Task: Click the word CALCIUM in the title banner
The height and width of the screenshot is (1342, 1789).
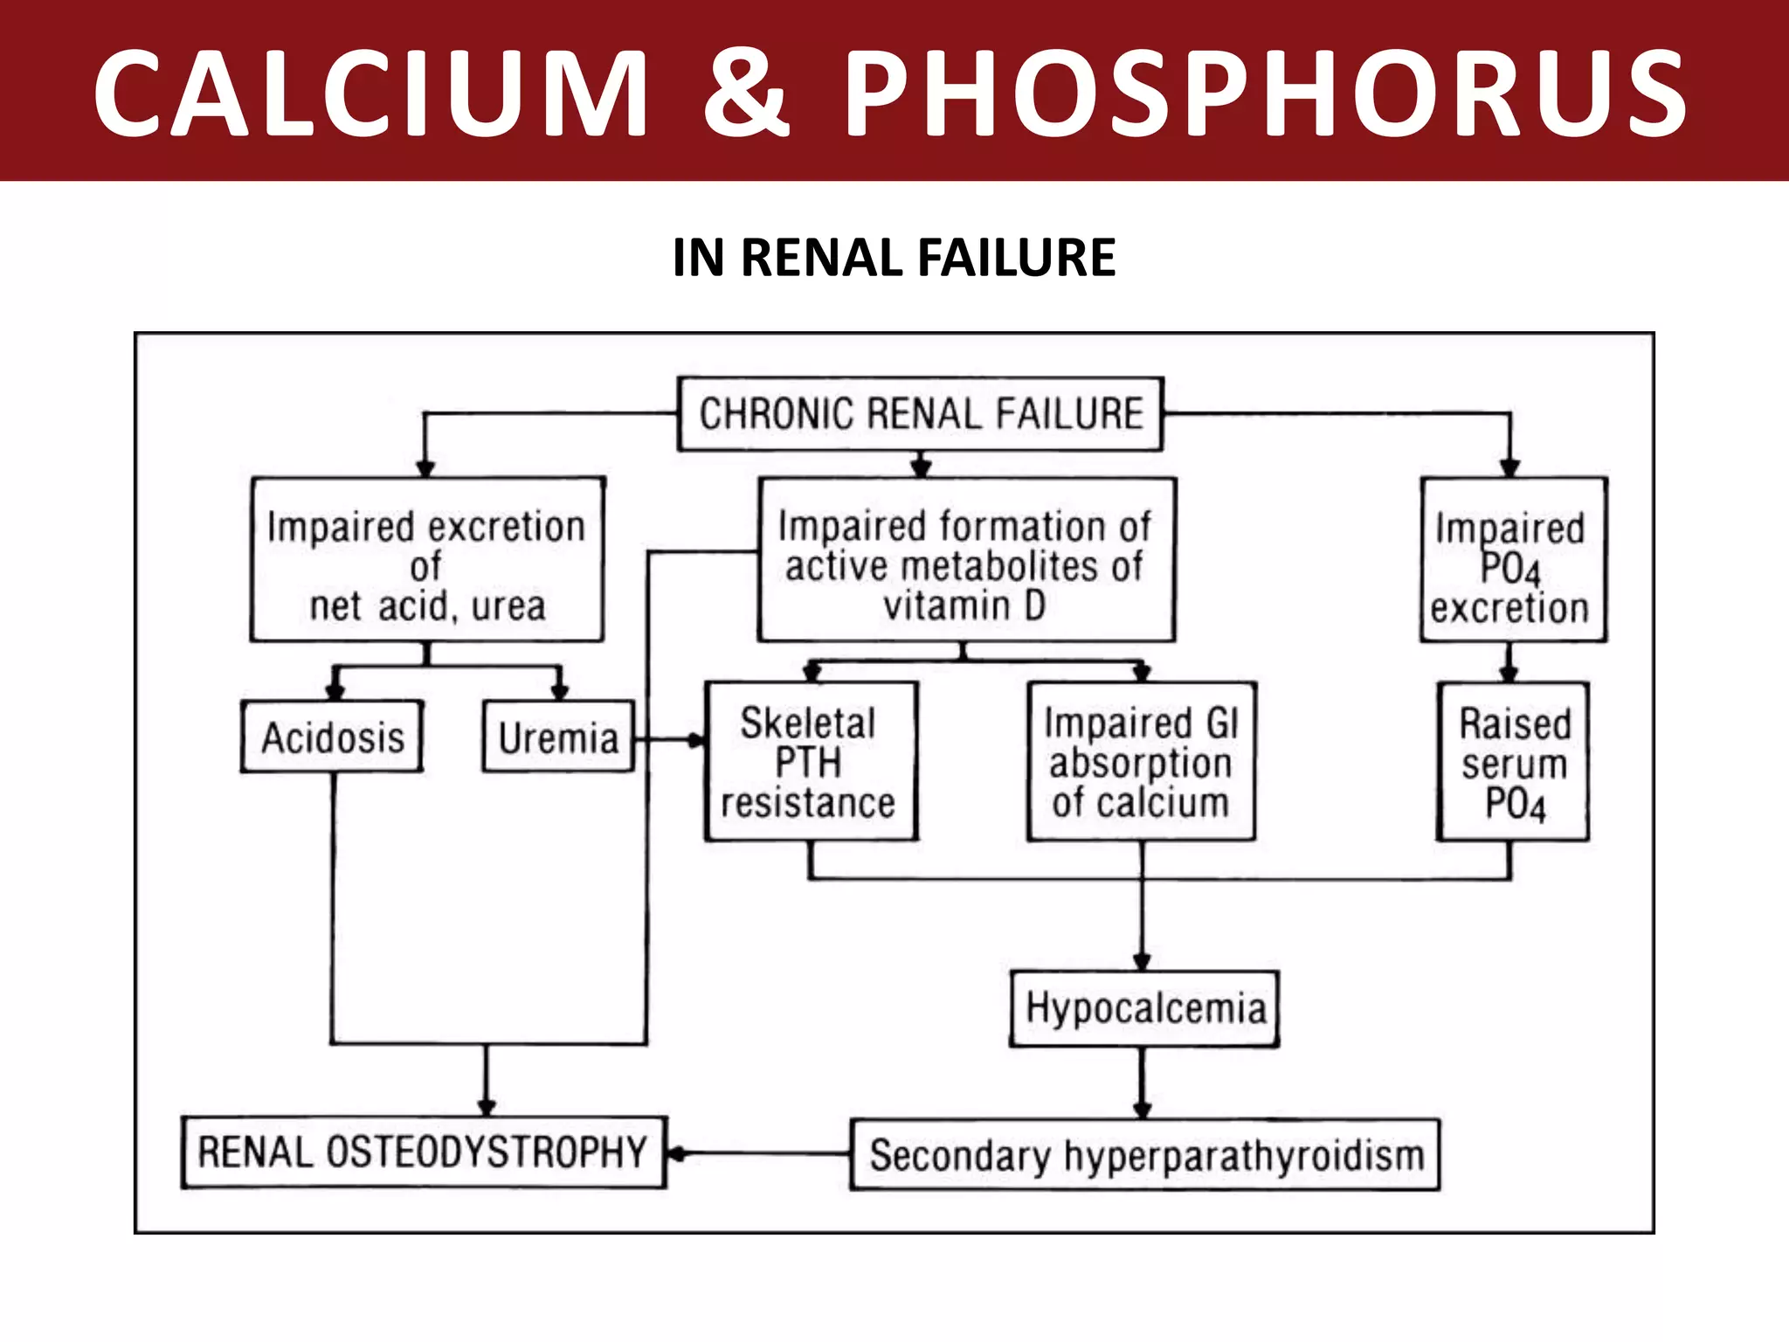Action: (x=371, y=93)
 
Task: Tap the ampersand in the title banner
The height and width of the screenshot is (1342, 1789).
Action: (x=745, y=93)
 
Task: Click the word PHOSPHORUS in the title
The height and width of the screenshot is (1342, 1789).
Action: (x=1265, y=93)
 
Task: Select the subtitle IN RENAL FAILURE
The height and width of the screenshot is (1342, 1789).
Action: (x=894, y=258)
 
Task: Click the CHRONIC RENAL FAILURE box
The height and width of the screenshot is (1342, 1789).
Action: (x=920, y=414)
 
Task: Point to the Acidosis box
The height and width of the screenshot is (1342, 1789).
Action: (x=333, y=737)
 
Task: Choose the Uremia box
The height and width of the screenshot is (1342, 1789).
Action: (x=558, y=737)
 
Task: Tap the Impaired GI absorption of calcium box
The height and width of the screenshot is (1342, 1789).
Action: (x=1141, y=762)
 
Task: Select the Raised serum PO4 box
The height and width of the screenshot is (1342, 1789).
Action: (x=1514, y=763)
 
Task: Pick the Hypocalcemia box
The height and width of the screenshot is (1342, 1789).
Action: (x=1144, y=1008)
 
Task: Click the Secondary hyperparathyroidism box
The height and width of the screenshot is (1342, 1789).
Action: (x=1145, y=1155)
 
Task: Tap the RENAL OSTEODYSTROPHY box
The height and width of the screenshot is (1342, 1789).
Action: (x=423, y=1152)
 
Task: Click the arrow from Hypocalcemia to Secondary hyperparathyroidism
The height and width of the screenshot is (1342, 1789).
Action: (x=1143, y=1083)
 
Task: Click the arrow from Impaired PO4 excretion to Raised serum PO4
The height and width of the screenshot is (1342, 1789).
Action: (x=1509, y=662)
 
